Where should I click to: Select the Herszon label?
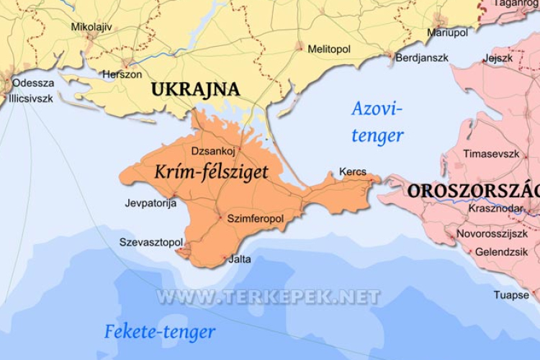[x=122, y=74]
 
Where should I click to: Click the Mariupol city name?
[x=447, y=33]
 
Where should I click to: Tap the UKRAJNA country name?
[x=194, y=89]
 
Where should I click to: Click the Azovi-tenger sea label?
[x=377, y=122]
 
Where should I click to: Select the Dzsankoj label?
[x=214, y=151]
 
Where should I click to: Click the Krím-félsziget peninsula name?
[x=211, y=171]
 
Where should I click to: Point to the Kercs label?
[x=352, y=173]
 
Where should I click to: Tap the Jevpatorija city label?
[x=150, y=203]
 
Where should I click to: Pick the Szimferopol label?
[x=255, y=217]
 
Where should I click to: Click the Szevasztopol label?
[x=151, y=242]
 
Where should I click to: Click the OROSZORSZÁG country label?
[x=472, y=191]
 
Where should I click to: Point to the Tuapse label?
[x=511, y=294]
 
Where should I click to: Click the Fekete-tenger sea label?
[x=160, y=332]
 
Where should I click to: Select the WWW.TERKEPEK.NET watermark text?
[x=268, y=297]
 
